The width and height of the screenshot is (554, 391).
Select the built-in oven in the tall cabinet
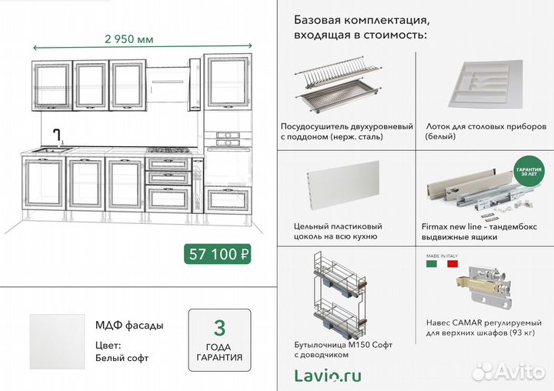[x=229, y=139]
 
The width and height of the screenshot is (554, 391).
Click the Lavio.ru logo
[x=328, y=375]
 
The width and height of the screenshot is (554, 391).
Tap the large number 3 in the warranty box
[x=219, y=329]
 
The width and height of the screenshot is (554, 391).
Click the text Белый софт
[x=122, y=358]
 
